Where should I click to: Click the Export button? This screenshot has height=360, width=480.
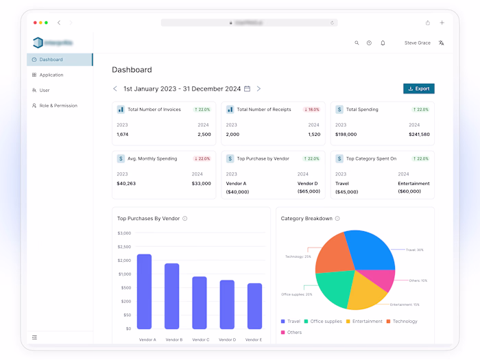(x=418, y=88)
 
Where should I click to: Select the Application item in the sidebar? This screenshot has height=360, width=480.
(x=51, y=75)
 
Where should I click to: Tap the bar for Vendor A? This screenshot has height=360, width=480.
(x=144, y=291)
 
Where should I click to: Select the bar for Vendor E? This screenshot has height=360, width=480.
(x=254, y=306)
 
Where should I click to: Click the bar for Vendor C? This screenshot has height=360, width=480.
(x=200, y=302)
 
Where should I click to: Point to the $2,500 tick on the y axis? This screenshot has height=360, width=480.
(x=124, y=247)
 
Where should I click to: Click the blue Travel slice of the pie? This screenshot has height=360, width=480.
(x=370, y=250)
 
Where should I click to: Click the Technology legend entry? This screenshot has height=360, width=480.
(x=405, y=322)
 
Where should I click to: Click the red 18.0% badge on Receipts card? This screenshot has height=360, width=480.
(x=312, y=109)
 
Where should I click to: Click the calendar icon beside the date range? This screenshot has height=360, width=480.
(x=248, y=88)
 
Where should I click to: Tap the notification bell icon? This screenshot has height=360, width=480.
(x=383, y=43)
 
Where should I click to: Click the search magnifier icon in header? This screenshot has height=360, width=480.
(x=357, y=43)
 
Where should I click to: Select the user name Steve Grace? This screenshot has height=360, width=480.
(x=417, y=43)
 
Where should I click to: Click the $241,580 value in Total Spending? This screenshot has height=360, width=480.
(x=418, y=134)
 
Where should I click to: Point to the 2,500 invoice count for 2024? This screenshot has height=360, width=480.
(x=204, y=134)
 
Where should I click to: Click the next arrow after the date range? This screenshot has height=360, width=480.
(x=259, y=88)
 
